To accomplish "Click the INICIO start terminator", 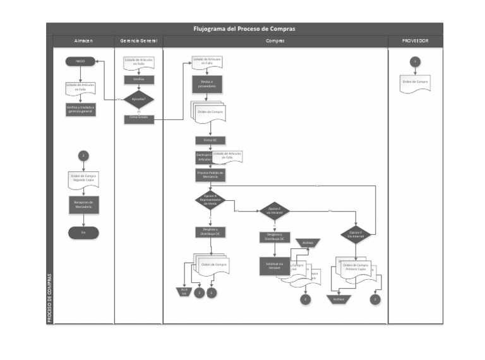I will pyautogui.click(x=80, y=61).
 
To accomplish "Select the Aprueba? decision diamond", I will pyautogui.click(x=138, y=99).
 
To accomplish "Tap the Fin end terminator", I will pyautogui.click(x=83, y=232).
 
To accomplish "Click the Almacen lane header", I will pyautogui.click(x=83, y=41).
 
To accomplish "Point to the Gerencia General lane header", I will pyautogui.click(x=138, y=41).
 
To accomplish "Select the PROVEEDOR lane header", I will pyautogui.click(x=415, y=41).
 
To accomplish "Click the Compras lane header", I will pyautogui.click(x=275, y=41).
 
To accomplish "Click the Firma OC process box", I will pyautogui.click(x=210, y=140).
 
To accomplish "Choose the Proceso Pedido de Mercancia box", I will pyautogui.click(x=210, y=174).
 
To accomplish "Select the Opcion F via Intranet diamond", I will pyautogui.click(x=274, y=211).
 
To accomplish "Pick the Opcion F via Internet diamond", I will pyautogui.click(x=356, y=234).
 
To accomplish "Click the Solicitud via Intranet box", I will pyautogui.click(x=274, y=266).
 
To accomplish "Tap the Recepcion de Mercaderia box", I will pyautogui.click(x=83, y=205).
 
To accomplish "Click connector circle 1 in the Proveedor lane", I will pyautogui.click(x=415, y=61).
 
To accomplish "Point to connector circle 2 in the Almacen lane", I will pyautogui.click(x=83, y=155).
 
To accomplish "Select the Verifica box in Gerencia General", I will pyautogui.click(x=138, y=80).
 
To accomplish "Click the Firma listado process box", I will pyautogui.click(x=138, y=118).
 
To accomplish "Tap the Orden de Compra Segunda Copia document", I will pyautogui.click(x=83, y=179).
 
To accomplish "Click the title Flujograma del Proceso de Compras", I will pyautogui.click(x=244, y=28).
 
